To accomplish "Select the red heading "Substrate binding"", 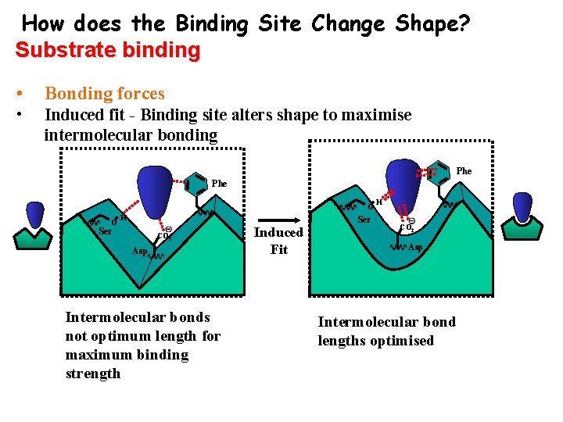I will point(108,50).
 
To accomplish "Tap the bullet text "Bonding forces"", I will point(105,94).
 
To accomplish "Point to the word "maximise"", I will point(374,115).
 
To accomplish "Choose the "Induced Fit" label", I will point(279,241).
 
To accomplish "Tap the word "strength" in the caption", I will point(93,373).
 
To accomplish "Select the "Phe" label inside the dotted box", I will point(464,170).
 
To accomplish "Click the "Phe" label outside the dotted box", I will point(219,184).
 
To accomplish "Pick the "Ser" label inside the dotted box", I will point(364,220).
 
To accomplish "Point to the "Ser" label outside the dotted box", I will point(106,231).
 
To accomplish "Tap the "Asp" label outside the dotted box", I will point(140,252).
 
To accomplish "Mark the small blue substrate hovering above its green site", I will point(35,214).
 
